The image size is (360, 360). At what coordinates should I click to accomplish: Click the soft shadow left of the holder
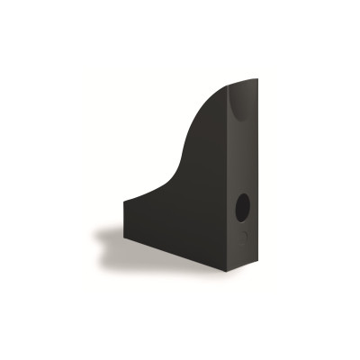(x=115, y=238)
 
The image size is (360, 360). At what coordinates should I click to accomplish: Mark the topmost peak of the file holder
(x=255, y=79)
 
